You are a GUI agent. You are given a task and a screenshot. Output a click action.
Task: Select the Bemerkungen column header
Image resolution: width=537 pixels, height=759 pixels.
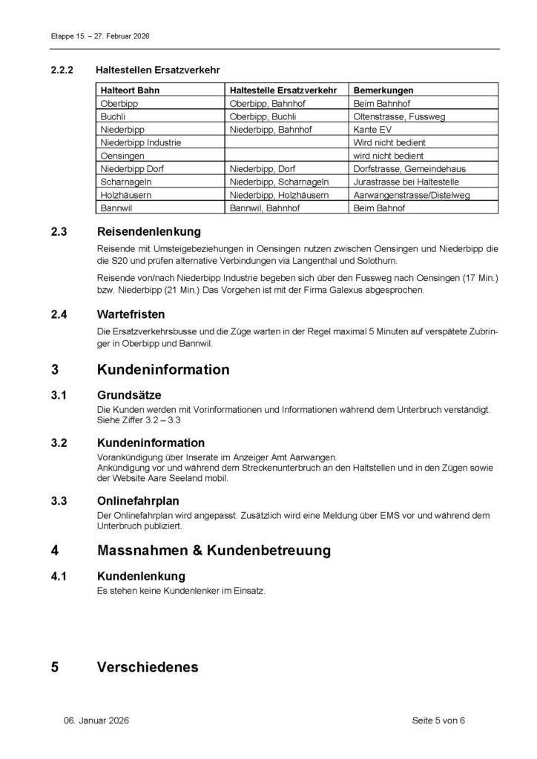[383, 90]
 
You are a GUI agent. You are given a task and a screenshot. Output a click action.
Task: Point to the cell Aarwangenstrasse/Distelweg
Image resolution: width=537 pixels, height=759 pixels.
[412, 195]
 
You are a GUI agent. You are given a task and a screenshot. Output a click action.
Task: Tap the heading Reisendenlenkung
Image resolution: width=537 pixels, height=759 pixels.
[148, 232]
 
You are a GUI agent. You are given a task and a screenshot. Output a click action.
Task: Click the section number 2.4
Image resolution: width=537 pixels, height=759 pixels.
[59, 314]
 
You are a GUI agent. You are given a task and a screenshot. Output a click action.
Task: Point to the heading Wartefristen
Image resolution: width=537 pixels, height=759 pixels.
[131, 314]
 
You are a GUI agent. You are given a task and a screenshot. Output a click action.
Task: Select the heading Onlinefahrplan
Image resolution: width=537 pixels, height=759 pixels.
[138, 502]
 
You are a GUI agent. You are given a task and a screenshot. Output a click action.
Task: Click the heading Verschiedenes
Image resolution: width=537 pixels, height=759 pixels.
[148, 667]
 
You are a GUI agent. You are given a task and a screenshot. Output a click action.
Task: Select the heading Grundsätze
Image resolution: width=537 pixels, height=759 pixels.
[129, 395]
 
